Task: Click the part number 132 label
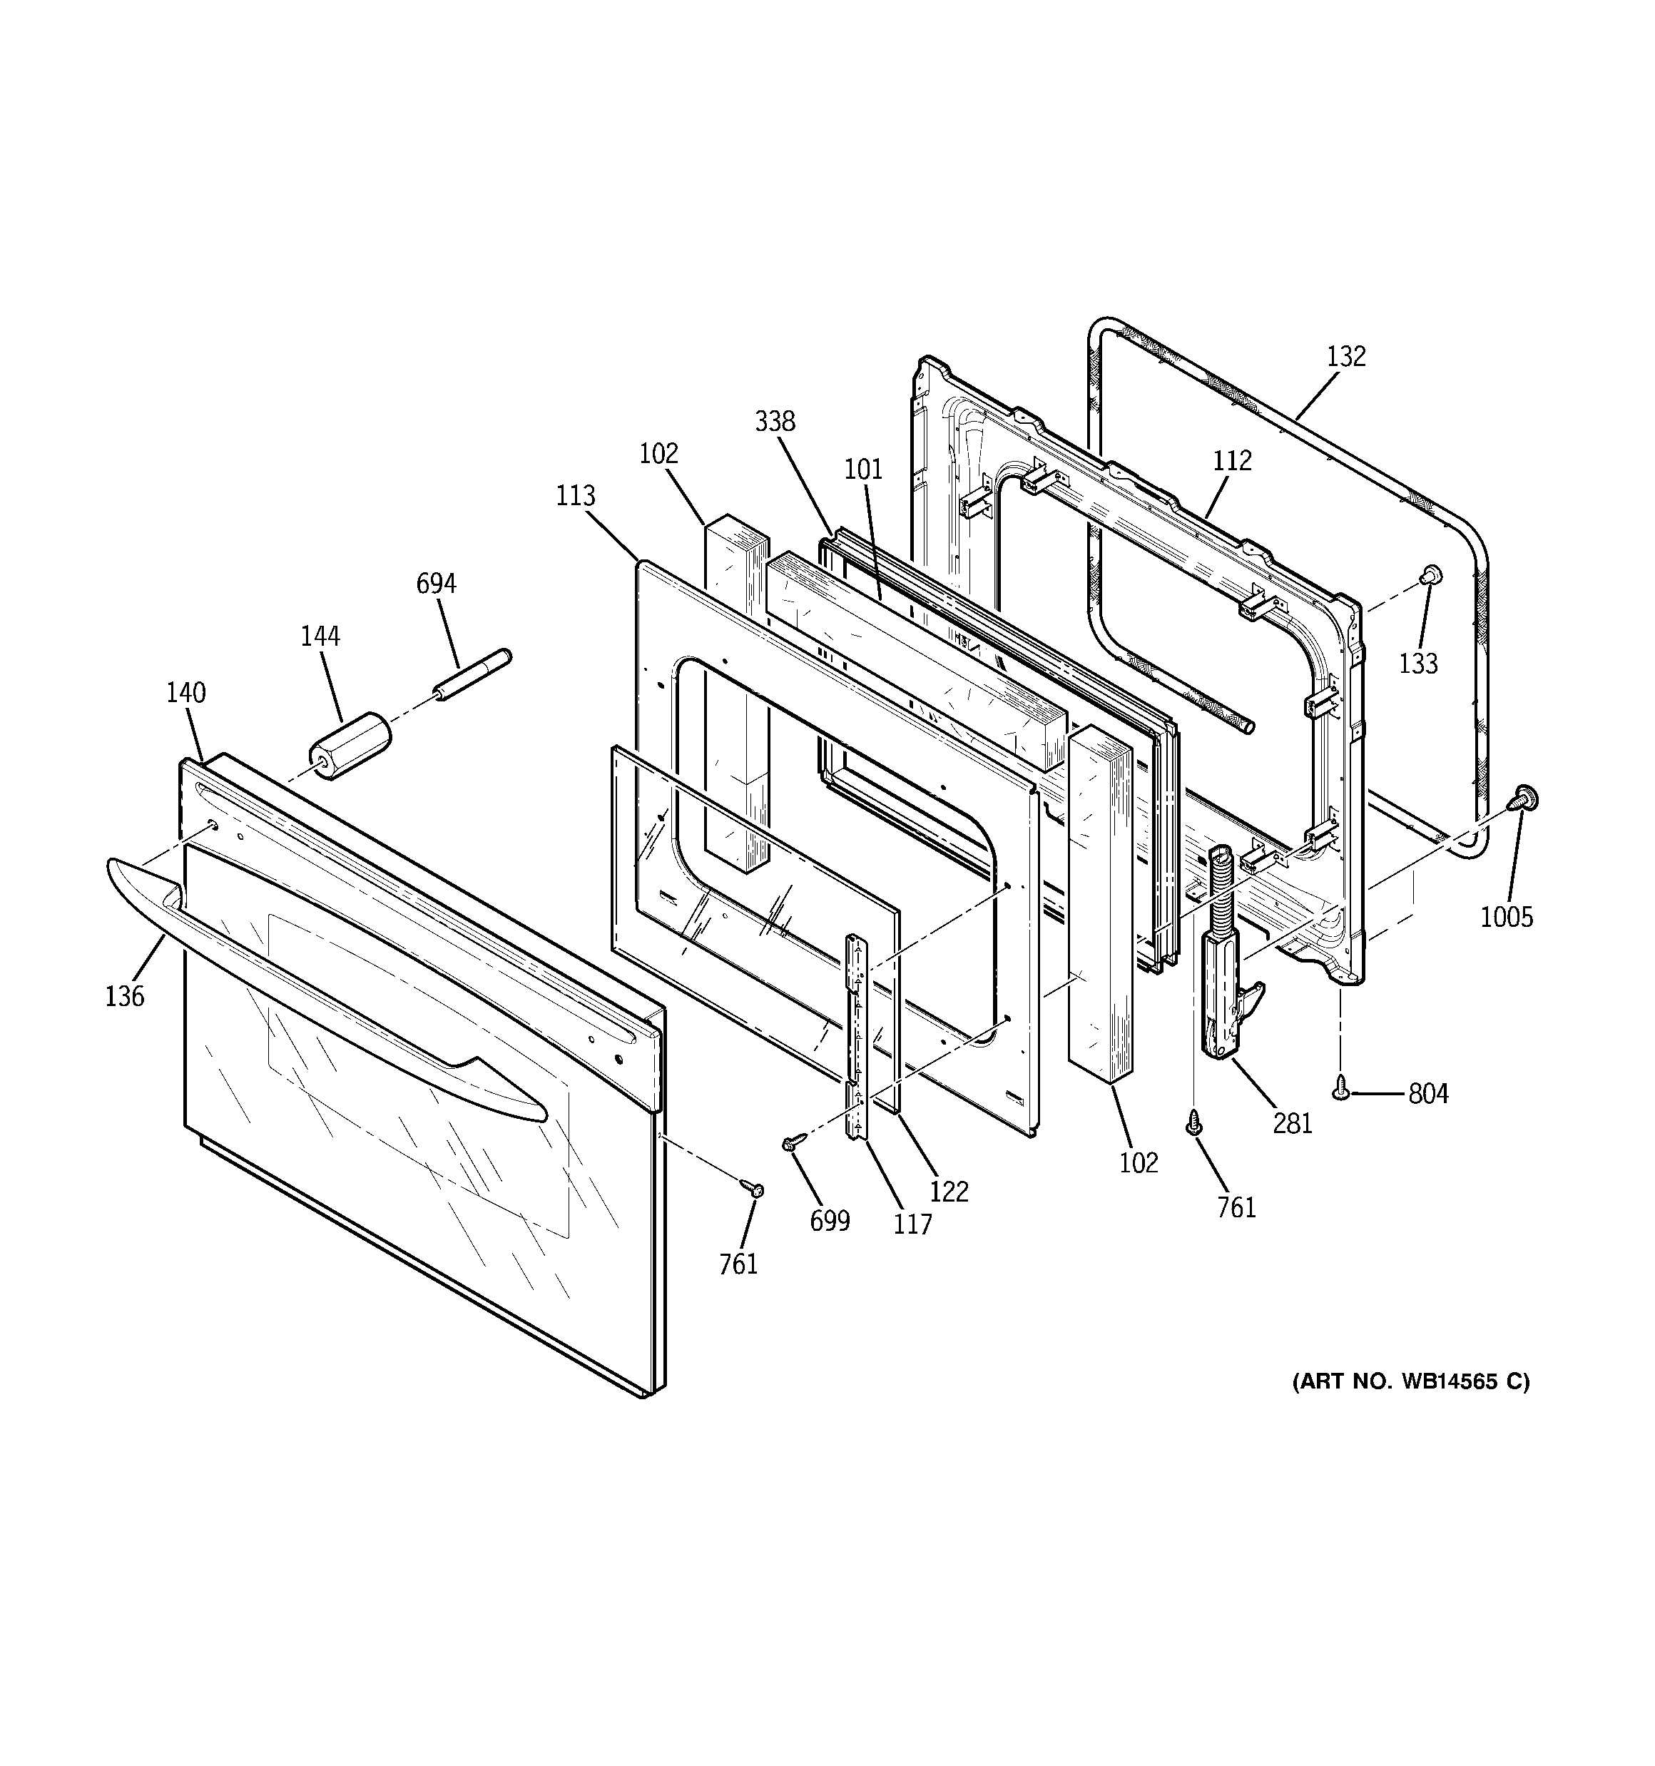click(1346, 356)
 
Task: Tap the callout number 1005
click(1507, 917)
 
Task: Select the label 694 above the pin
click(436, 584)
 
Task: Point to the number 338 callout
click(775, 421)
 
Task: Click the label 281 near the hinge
click(1292, 1124)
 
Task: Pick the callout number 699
click(830, 1222)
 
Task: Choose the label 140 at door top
click(185, 693)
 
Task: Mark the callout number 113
click(576, 496)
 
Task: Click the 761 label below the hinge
click(1236, 1207)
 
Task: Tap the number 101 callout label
click(863, 469)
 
